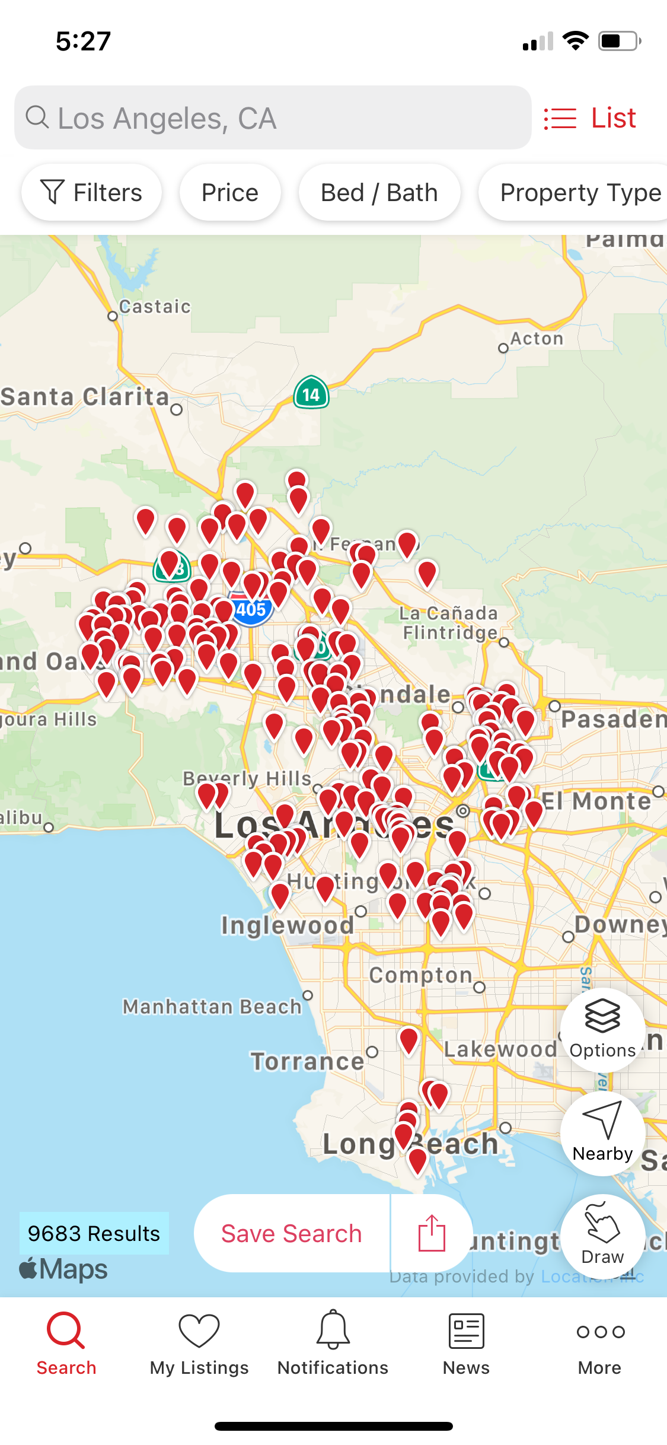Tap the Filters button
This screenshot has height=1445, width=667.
coord(91,193)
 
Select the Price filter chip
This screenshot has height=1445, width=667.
coord(230,193)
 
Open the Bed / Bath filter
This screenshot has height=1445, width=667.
coord(379,193)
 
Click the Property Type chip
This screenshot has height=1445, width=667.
coord(578,193)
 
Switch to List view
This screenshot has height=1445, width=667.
coord(591,118)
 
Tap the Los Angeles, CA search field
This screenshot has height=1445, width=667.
coord(273,118)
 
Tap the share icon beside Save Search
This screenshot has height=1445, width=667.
coord(432,1233)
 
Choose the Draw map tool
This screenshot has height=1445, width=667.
coord(602,1236)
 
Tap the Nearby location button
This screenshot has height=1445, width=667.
coord(602,1133)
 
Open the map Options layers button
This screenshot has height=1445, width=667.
coord(602,1030)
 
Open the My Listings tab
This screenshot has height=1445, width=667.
coord(199,1344)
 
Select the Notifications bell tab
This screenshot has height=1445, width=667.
coord(333,1344)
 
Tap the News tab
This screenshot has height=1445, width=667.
coord(467,1344)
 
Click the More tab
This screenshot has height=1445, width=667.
coord(600,1344)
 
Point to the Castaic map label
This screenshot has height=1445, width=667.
coord(155,307)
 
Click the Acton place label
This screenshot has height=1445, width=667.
coord(537,339)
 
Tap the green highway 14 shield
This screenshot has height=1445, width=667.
coord(311,393)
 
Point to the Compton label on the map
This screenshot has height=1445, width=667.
coord(421,975)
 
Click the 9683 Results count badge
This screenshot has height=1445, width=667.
coord(94,1233)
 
